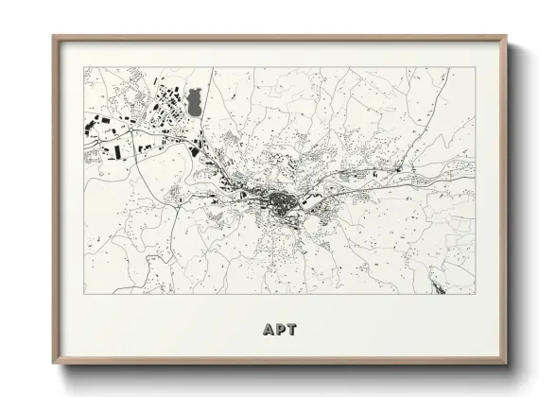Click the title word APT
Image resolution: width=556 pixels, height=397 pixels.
[x=279, y=330]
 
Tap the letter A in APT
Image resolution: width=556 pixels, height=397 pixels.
[x=268, y=330]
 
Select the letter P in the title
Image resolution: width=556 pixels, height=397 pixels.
[x=279, y=330]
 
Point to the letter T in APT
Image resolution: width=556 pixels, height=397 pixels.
[x=291, y=330]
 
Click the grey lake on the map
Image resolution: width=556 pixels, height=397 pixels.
[x=195, y=101]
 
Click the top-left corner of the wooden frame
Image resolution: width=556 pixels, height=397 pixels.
[x=54, y=37]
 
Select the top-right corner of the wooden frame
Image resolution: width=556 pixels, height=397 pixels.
[x=505, y=37]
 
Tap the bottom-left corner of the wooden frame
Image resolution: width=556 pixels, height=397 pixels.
[x=54, y=363]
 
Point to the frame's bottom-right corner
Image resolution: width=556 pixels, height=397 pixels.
[x=505, y=363]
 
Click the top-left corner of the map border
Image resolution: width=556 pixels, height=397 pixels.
[x=84, y=67]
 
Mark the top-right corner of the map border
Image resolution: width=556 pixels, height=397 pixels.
[x=475, y=67]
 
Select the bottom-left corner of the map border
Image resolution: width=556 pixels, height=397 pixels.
[x=84, y=294]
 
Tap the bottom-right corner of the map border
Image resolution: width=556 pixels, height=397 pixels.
[x=475, y=294]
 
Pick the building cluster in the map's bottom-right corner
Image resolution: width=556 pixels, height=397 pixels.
[x=441, y=279]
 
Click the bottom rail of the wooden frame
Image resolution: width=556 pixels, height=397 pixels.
[x=279, y=361]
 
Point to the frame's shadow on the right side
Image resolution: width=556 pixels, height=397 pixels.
[x=513, y=208]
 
